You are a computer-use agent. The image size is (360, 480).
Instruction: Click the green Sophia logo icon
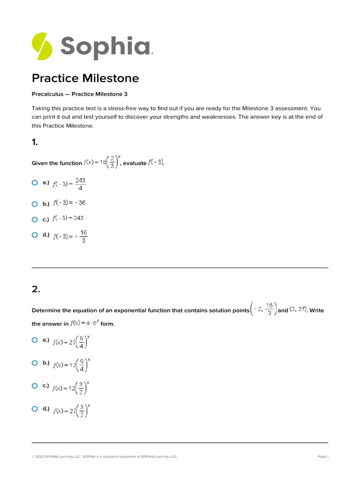(x=42, y=46)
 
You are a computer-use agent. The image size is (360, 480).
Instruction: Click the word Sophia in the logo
(x=105, y=47)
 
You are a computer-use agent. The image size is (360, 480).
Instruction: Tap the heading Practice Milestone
(x=85, y=78)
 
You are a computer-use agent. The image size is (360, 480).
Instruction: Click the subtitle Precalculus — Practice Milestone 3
(x=79, y=94)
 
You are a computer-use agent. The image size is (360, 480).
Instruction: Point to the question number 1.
(x=35, y=142)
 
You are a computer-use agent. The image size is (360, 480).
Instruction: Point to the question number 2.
(x=36, y=289)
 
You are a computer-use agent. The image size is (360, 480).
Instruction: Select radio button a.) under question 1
(x=35, y=183)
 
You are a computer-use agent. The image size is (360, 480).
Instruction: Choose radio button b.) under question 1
(x=35, y=204)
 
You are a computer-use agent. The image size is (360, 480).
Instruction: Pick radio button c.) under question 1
(x=35, y=219)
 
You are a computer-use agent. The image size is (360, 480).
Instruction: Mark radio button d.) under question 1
(x=35, y=235)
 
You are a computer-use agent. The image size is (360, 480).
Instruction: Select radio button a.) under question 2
(x=35, y=340)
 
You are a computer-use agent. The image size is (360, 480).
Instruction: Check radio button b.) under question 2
(x=35, y=363)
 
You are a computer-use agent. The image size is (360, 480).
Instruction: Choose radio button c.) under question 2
(x=35, y=386)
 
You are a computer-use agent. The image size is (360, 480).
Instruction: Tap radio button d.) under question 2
(x=35, y=409)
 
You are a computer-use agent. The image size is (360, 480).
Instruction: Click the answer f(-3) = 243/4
(x=69, y=184)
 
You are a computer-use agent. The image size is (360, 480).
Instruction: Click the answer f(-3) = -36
(x=69, y=203)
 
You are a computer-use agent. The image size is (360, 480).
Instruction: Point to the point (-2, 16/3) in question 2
(x=263, y=309)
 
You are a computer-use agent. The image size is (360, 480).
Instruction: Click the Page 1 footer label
(x=323, y=457)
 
